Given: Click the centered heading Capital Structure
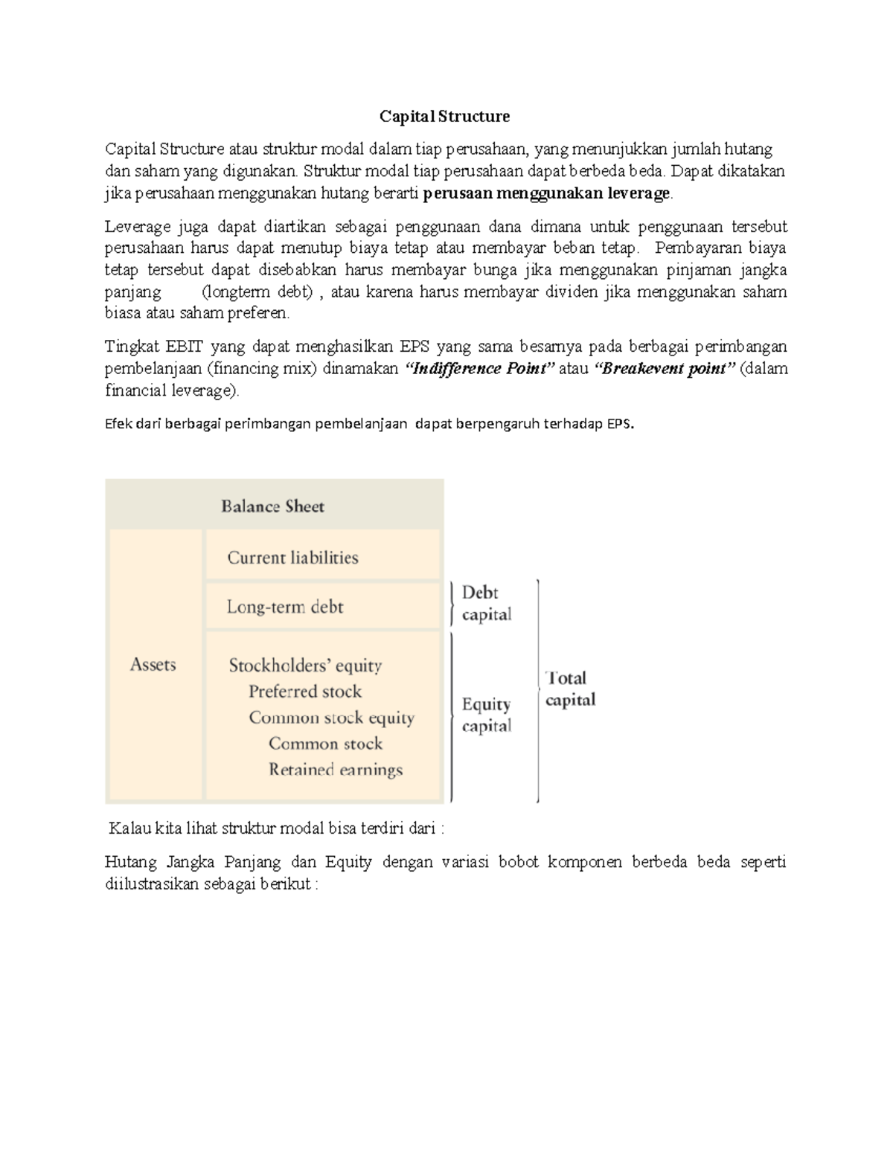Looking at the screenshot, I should [x=444, y=116].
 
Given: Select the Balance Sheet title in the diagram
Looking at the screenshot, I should [x=272, y=506].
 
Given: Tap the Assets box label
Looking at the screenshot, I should [x=153, y=664].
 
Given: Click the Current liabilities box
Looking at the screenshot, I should [x=292, y=558].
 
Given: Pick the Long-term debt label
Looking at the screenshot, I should [x=285, y=607].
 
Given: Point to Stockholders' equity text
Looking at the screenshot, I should [x=305, y=666].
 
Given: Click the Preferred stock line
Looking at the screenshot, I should [x=305, y=692].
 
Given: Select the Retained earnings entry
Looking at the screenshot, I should [x=336, y=770].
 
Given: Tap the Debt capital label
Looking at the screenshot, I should [x=486, y=603].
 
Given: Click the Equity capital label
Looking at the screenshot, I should [x=486, y=715].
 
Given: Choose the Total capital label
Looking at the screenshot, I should [x=570, y=689].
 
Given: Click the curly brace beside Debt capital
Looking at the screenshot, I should [x=452, y=603].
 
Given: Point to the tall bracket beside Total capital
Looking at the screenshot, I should [x=537, y=691].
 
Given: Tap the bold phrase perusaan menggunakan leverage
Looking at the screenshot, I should [x=547, y=195].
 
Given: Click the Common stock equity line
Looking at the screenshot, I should [x=331, y=718].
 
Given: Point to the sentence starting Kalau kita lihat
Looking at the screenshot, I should [x=276, y=829].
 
